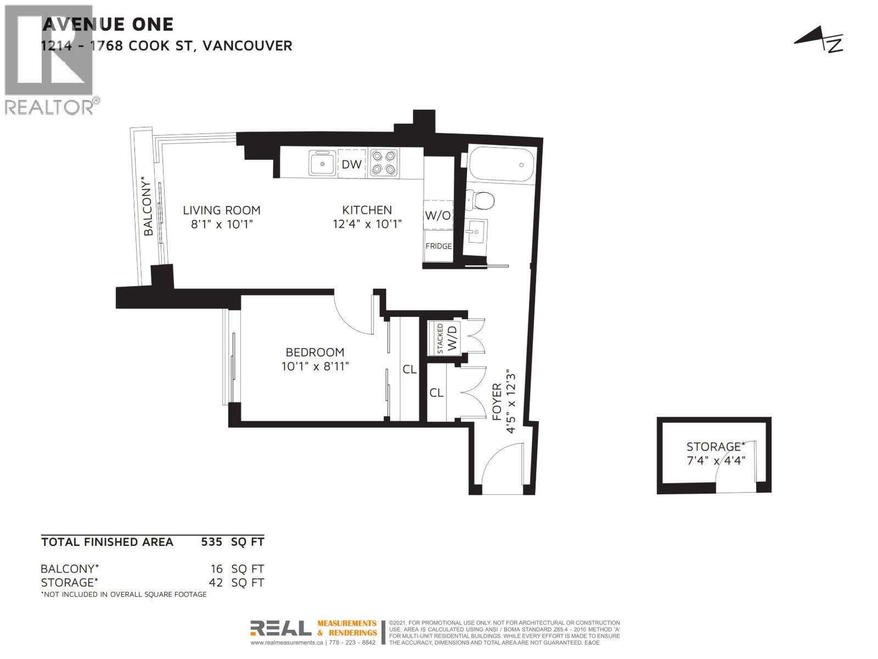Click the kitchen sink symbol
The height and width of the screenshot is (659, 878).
pyautogui.click(x=322, y=163)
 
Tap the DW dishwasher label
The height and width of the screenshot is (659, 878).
pyautogui.click(x=351, y=164)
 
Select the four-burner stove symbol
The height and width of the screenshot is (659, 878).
pyautogui.click(x=383, y=163)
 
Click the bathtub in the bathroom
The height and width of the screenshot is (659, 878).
pyautogui.click(x=500, y=164)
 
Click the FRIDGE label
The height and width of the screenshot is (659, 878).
pyautogui.click(x=438, y=246)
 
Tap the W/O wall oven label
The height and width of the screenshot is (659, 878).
pyautogui.click(x=437, y=216)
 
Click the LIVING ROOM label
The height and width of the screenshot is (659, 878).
pyautogui.click(x=221, y=210)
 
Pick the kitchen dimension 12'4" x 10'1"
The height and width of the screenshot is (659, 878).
pyautogui.click(x=367, y=224)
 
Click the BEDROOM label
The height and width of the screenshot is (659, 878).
pyautogui.click(x=315, y=352)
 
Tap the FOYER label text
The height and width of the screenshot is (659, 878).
pyautogui.click(x=497, y=402)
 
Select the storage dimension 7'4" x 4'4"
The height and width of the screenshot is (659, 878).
pyautogui.click(x=716, y=460)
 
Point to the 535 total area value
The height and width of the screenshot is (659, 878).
pyautogui.click(x=211, y=542)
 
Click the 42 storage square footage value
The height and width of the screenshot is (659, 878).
pyautogui.click(x=216, y=582)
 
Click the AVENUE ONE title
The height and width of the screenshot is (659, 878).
pyautogui.click(x=108, y=24)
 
